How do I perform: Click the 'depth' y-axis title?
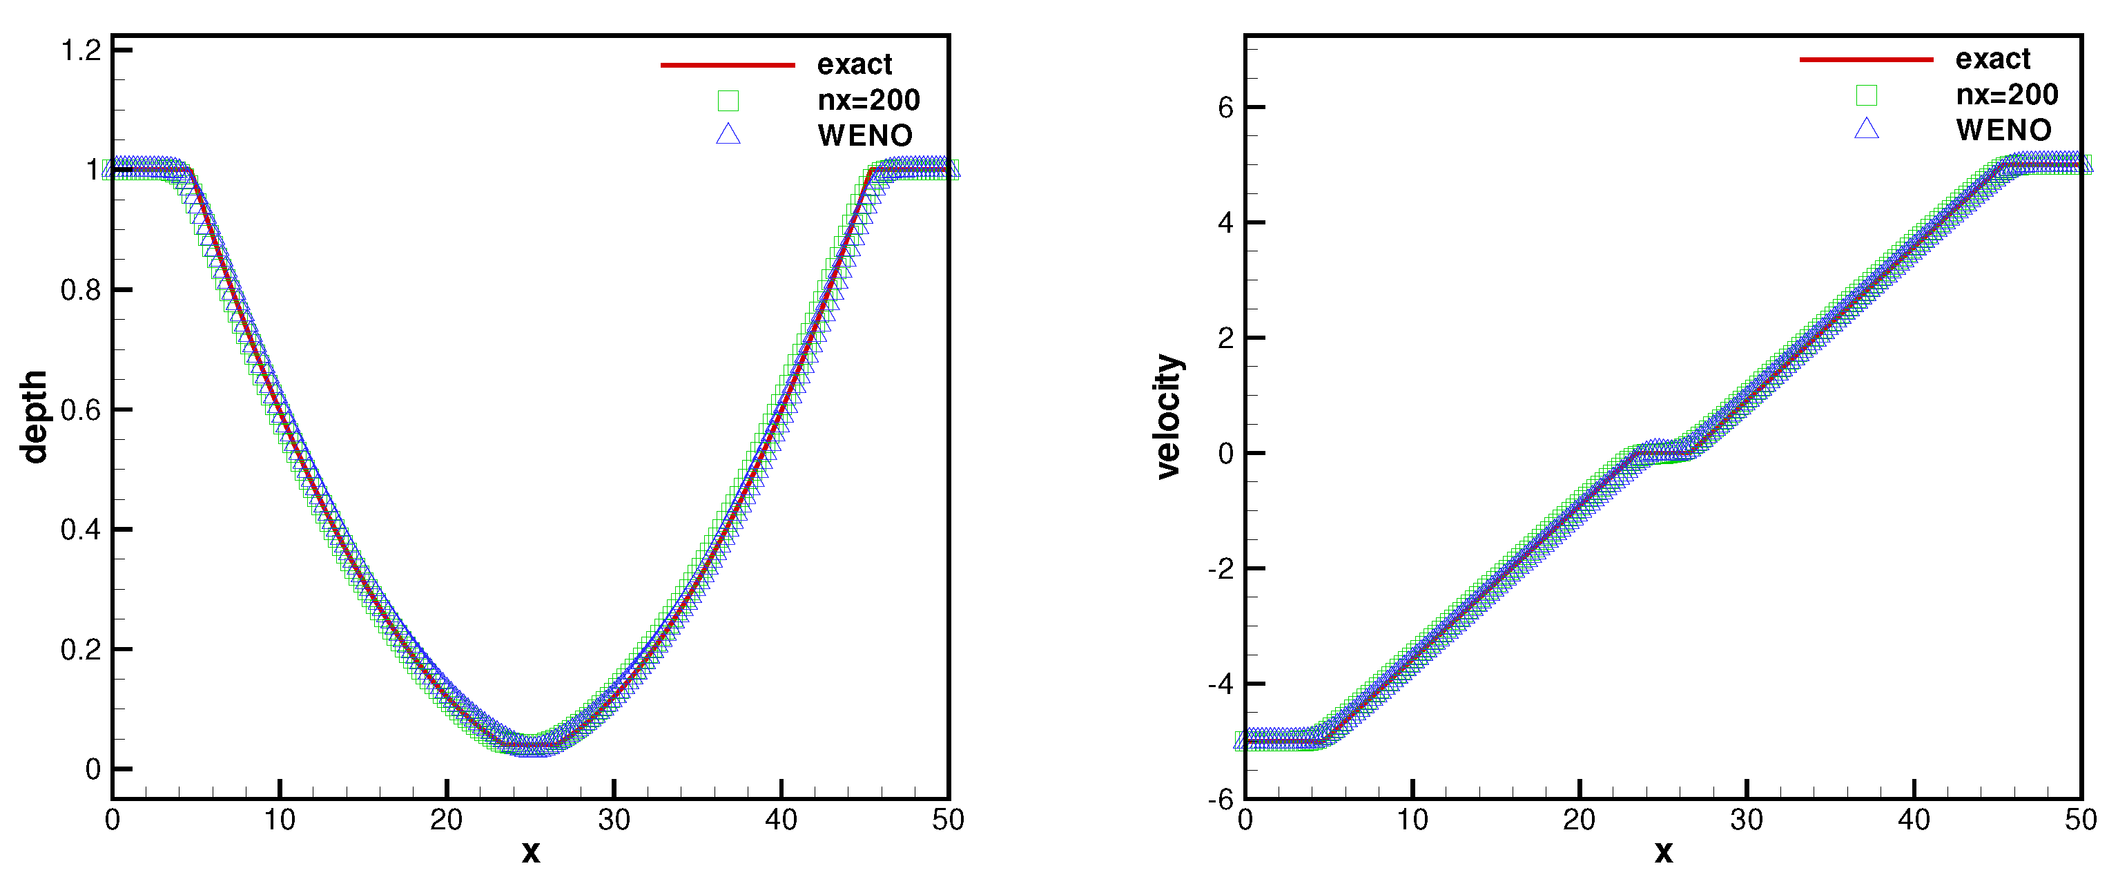pyautogui.click(x=33, y=417)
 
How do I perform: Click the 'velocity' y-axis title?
pyautogui.click(x=1167, y=417)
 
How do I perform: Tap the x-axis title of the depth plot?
pyautogui.click(x=531, y=852)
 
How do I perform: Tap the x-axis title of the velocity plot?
pyautogui.click(x=1663, y=852)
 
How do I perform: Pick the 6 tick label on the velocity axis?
pyautogui.click(x=1225, y=108)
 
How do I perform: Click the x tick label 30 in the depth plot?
pyautogui.click(x=614, y=820)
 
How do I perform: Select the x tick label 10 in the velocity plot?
pyautogui.click(x=1412, y=820)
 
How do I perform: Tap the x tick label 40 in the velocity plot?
pyautogui.click(x=1914, y=820)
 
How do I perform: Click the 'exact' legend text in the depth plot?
pyautogui.click(x=854, y=64)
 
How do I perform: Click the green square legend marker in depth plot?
pyautogui.click(x=728, y=100)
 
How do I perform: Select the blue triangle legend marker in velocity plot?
pyautogui.click(x=1867, y=129)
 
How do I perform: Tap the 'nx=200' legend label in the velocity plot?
pyautogui.click(x=2007, y=95)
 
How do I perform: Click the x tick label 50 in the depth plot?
pyautogui.click(x=948, y=820)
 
